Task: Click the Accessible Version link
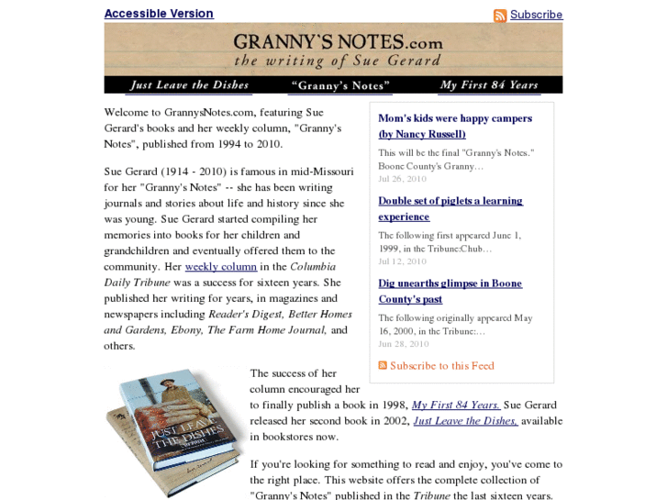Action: (x=159, y=14)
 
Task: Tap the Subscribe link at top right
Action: (x=536, y=15)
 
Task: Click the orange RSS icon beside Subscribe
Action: (x=500, y=16)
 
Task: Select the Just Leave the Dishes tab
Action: (x=189, y=85)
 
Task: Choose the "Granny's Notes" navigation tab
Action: (x=340, y=85)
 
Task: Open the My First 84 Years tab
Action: (x=489, y=85)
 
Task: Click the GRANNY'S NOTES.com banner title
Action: (x=338, y=42)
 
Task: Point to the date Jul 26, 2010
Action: (x=403, y=179)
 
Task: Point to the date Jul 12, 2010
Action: (x=403, y=261)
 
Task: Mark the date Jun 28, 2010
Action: (x=403, y=344)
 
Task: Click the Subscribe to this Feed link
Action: (x=441, y=365)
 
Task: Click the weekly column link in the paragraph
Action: (x=221, y=267)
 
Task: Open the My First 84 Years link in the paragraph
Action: (x=456, y=405)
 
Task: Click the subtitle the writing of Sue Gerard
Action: (x=338, y=61)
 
